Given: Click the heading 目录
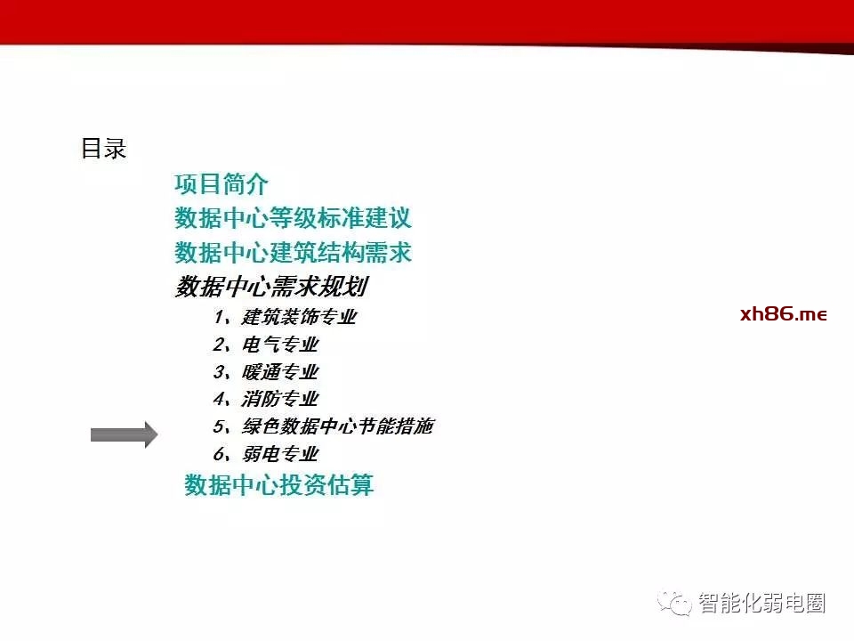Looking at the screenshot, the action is [103, 149].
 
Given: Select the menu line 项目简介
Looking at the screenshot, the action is [222, 183].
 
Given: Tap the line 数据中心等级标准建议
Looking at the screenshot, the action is [293, 218].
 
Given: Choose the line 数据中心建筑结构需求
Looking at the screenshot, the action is [293, 252].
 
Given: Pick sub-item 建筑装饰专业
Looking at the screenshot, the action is [300, 317].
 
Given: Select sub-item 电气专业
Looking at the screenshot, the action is [280, 345].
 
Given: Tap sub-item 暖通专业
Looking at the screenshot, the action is [280, 372].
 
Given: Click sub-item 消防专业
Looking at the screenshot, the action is [280, 399].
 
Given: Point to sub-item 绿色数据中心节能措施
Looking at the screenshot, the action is [338, 426].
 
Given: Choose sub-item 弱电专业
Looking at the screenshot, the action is [280, 453].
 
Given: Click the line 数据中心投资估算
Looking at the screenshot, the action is [278, 484].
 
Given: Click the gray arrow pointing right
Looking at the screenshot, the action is [125, 435].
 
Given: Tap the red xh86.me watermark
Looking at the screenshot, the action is [784, 314].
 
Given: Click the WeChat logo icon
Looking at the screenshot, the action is [674, 603].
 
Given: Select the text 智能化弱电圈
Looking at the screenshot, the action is [762, 603].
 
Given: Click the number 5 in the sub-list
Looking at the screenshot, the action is [219, 426].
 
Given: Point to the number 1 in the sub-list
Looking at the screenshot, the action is [220, 317].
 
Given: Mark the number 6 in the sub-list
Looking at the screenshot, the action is [219, 453].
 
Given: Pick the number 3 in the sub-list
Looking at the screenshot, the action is [219, 372].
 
